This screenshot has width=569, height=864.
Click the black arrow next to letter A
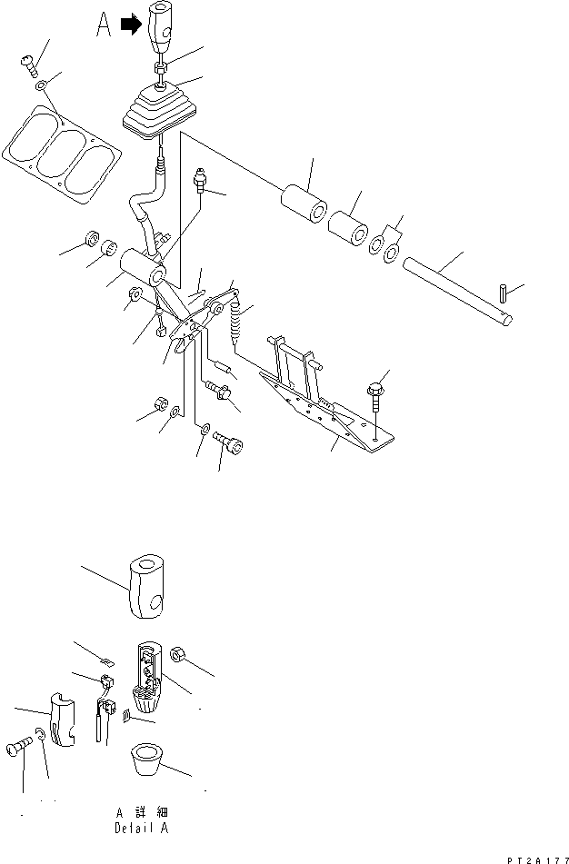[131, 25]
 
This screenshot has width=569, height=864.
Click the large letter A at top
[103, 25]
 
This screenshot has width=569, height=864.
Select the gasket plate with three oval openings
[62, 154]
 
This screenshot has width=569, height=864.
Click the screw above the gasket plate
[30, 66]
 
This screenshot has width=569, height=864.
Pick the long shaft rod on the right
[457, 291]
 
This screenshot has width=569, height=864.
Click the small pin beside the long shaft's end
[504, 292]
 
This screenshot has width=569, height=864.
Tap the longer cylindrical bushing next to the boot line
[304, 204]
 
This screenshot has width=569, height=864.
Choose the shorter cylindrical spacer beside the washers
[348, 228]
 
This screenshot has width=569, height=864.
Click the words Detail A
[142, 828]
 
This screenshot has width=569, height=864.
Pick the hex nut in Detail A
[177, 654]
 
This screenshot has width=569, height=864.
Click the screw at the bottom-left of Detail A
[19, 747]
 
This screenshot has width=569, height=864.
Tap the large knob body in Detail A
[146, 586]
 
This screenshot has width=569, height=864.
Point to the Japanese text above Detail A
[142, 812]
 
